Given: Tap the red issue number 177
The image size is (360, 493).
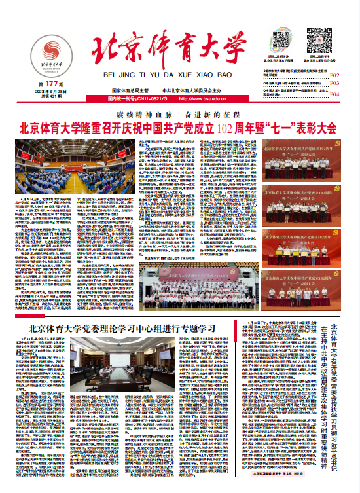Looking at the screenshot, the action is (48, 84).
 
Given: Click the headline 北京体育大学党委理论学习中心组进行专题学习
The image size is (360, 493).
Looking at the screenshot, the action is (132, 328).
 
